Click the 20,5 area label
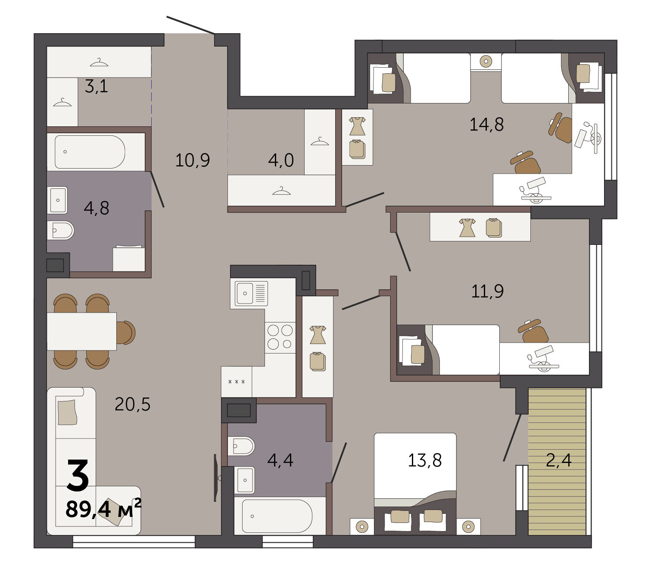tap(132, 404)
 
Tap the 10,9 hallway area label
tap(193, 160)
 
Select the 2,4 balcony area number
tap(559, 460)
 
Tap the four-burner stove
tap(280, 337)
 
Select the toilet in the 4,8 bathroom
tap(61, 230)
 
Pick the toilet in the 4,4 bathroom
tap(241, 446)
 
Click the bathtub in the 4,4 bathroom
tap(277, 516)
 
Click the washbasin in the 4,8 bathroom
tap(57, 200)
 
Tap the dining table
tap(82, 331)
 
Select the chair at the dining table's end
tap(126, 332)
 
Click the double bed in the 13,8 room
tap(415, 484)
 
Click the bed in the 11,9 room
tap(448, 350)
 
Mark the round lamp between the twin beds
tap(486, 61)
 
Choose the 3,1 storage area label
tap(97, 86)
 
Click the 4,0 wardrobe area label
tap(281, 160)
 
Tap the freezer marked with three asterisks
tap(237, 382)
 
